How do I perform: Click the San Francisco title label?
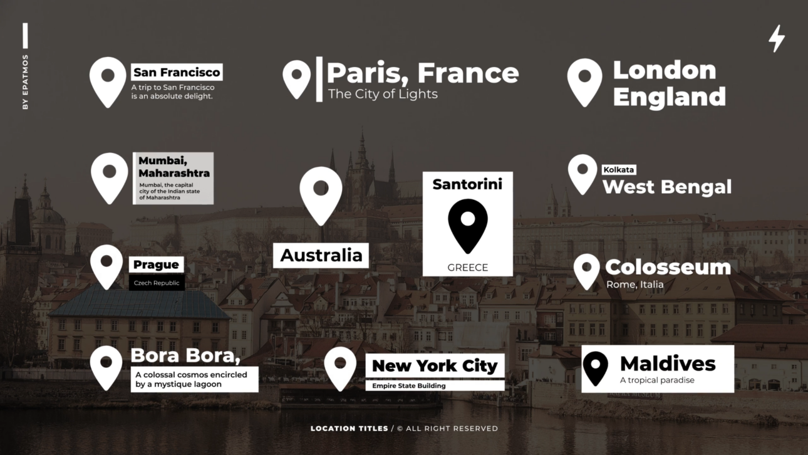pyautogui.click(x=177, y=72)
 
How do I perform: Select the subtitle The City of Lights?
pyautogui.click(x=383, y=95)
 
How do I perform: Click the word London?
pyautogui.click(x=664, y=70)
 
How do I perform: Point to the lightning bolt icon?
pyautogui.click(x=776, y=38)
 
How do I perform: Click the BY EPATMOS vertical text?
pyautogui.click(x=26, y=82)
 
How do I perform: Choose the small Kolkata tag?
pyautogui.click(x=619, y=170)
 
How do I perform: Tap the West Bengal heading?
pyautogui.click(x=666, y=187)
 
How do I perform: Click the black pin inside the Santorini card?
pyautogui.click(x=467, y=224)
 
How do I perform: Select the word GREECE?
pyautogui.click(x=467, y=268)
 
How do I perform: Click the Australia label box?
pyautogui.click(x=321, y=255)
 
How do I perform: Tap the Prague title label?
pyautogui.click(x=156, y=264)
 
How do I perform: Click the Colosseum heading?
pyautogui.click(x=668, y=267)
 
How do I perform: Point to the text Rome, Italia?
pyautogui.click(x=634, y=285)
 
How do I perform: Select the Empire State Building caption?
pyautogui.click(x=408, y=386)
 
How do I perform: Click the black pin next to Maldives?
pyautogui.click(x=595, y=368)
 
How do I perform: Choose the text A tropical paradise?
pyautogui.click(x=657, y=380)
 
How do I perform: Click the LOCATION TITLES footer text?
pyautogui.click(x=349, y=429)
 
